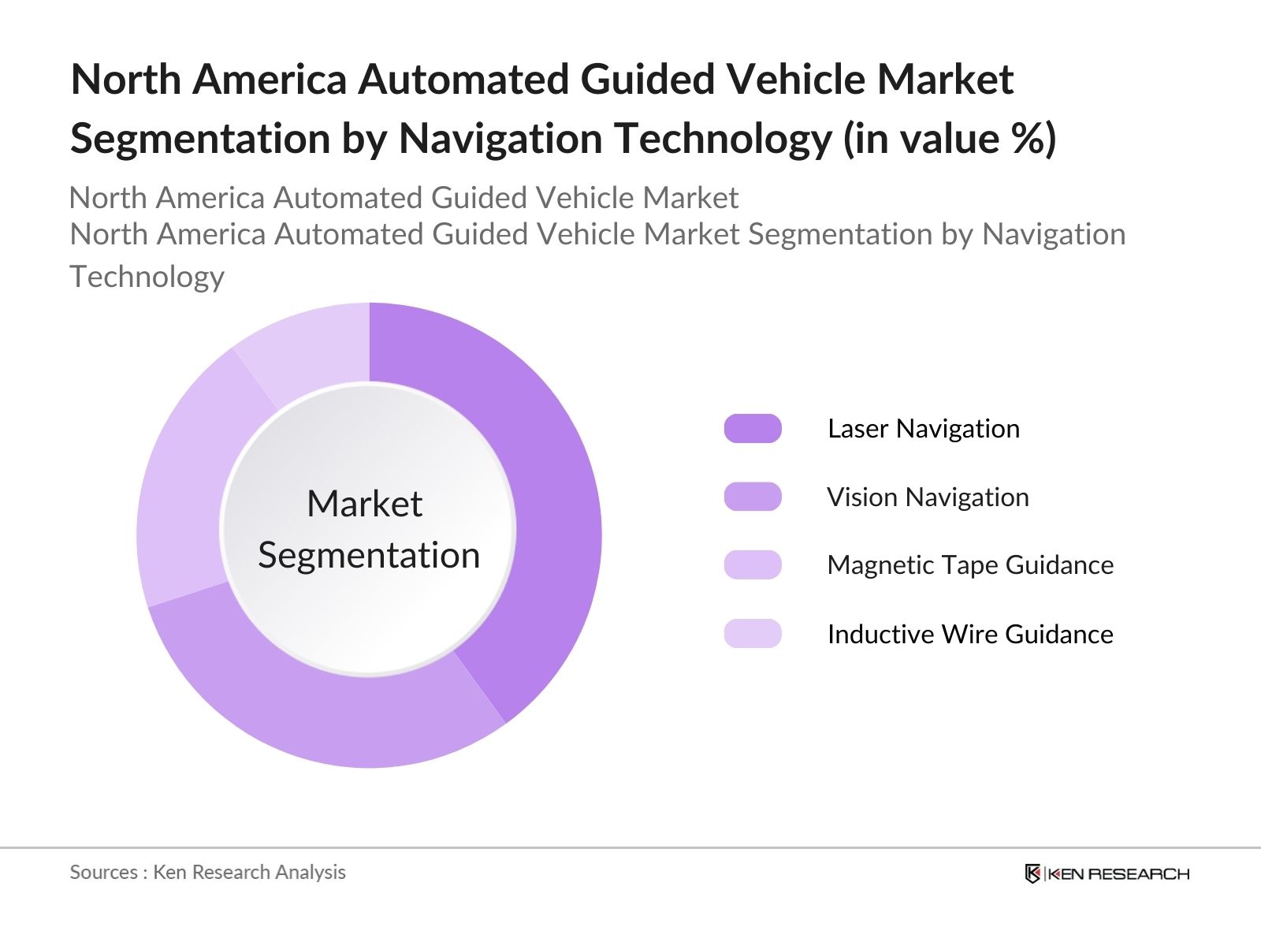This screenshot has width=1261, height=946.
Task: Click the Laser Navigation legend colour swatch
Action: pos(753,429)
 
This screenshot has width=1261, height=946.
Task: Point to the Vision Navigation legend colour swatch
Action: pos(753,497)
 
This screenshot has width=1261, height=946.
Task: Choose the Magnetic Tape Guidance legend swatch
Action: pos(753,565)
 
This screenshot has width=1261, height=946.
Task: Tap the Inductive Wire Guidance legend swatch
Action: pos(753,634)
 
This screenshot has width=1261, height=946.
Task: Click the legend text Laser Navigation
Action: pos(924,429)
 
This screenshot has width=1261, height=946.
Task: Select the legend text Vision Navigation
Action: pos(928,497)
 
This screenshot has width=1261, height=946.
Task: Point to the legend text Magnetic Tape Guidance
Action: pos(970,565)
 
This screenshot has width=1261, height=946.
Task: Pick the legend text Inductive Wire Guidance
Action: pos(970,634)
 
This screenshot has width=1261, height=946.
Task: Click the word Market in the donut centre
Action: pos(365,504)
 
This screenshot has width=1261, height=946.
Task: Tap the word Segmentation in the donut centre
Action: pos(369,556)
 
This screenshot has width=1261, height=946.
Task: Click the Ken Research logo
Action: pos(1107,873)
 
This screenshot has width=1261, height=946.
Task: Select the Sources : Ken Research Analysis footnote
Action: pos(208,872)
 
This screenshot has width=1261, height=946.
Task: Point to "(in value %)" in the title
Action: pos(950,139)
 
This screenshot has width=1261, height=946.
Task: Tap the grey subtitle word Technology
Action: pos(147,277)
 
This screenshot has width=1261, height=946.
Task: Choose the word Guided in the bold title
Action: pos(648,80)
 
